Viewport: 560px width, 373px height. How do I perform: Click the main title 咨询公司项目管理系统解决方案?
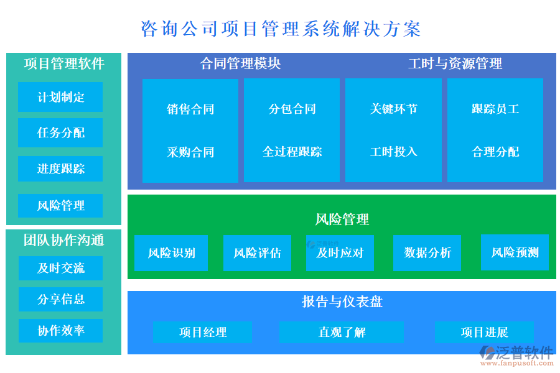click(281, 29)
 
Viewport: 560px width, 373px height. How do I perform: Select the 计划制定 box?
click(60, 97)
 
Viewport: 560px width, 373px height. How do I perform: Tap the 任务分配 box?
click(60, 132)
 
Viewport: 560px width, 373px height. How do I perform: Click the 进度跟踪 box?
click(60, 168)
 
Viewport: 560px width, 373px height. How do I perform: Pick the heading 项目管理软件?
click(64, 64)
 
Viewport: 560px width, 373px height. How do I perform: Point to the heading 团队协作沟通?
click(64, 240)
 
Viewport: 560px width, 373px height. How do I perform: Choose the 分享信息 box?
click(60, 299)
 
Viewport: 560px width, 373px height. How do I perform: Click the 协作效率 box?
click(60, 331)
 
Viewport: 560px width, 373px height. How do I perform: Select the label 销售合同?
click(190, 109)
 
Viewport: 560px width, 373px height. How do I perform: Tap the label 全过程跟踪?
click(292, 152)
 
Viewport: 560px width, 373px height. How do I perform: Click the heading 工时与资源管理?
click(455, 63)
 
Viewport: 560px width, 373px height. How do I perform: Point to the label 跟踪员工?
click(495, 109)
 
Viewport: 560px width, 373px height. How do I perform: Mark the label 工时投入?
click(393, 152)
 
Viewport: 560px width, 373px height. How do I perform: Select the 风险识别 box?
click(171, 253)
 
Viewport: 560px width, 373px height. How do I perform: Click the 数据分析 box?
click(427, 253)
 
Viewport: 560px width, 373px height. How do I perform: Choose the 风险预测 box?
click(515, 252)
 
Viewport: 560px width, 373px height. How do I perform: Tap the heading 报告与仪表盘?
click(342, 302)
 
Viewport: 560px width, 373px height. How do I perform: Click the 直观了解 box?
click(342, 333)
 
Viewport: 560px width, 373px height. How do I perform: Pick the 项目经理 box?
click(203, 333)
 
